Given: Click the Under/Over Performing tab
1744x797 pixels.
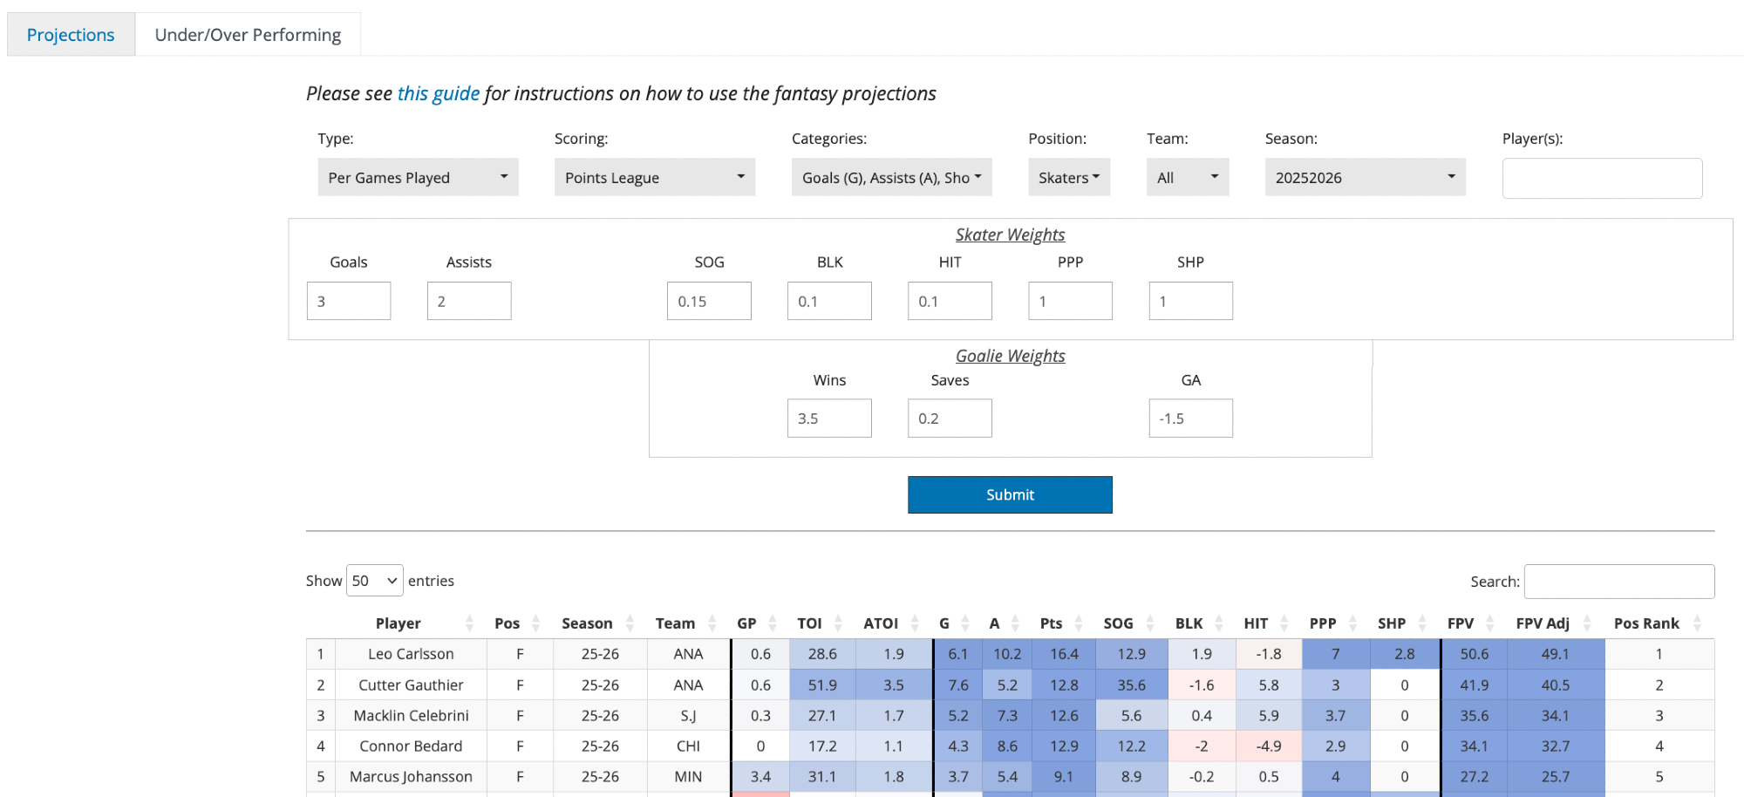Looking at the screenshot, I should pos(248,35).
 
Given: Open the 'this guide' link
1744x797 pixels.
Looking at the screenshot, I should pos(438,93).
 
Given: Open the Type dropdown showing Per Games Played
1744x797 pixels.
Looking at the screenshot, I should pos(418,177).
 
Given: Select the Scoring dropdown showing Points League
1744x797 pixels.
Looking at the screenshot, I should pos(654,177).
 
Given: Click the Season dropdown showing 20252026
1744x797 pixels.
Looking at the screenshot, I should pos(1365,177).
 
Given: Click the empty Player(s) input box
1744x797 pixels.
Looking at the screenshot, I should pos(1602,178).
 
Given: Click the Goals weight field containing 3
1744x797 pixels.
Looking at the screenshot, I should pos(349,301).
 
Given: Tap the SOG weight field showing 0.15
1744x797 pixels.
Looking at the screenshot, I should pos(709,301).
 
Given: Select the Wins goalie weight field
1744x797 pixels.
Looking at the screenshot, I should pos(829,419).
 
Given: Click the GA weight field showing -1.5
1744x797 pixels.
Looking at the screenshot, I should pos(1190,419).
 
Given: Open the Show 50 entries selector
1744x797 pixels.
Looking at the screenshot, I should pos(375,581).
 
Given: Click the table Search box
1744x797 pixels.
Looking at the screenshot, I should pos(1619,582).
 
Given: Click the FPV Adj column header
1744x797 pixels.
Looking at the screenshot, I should pos(1543,623).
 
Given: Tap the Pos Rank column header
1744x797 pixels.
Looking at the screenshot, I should pos(1646,623).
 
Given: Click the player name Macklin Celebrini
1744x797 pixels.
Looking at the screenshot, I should pos(411,716).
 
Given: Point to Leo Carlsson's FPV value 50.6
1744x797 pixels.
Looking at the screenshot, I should pos(1474,654).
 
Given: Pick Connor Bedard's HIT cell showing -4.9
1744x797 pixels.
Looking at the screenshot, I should pos(1269,746).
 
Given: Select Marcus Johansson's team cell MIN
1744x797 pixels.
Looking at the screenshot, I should pos(688,777).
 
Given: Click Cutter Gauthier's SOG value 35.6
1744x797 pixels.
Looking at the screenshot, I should pos(1131,685).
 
